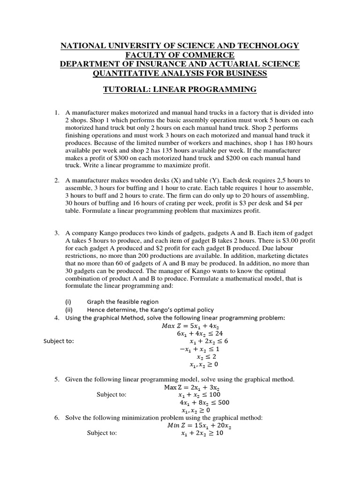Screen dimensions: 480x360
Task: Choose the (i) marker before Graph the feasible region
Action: [68, 301]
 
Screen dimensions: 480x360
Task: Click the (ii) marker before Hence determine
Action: [69, 309]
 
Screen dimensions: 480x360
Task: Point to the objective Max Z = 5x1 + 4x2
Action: [180, 325]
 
